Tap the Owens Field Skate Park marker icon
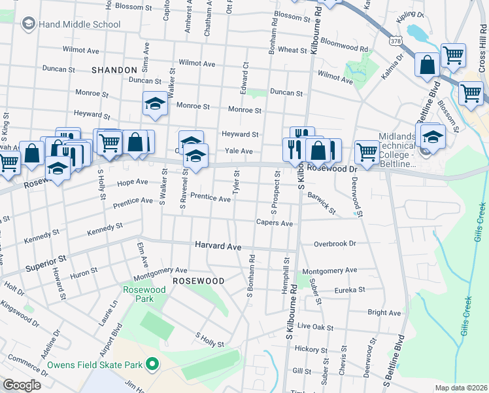point(152,364)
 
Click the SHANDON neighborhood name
point(114,69)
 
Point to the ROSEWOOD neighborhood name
point(198,280)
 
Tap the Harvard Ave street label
point(218,246)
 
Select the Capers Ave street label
point(274,223)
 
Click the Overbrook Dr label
point(334,243)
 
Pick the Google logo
point(22,385)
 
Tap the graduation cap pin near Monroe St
point(155,103)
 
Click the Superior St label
point(46,263)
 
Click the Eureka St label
point(349,290)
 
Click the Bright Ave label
point(384,313)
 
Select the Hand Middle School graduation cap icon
point(28,24)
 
